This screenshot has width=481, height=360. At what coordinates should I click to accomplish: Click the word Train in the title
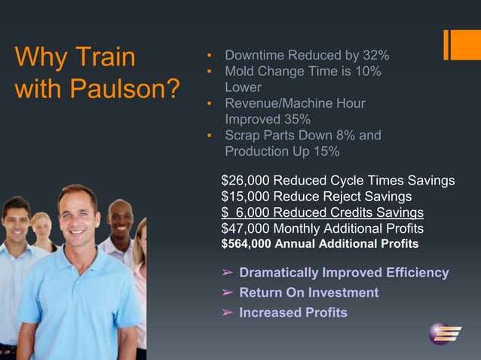[x=106, y=57]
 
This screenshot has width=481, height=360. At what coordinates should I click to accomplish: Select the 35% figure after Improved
[x=296, y=119]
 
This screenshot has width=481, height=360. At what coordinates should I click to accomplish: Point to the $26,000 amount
[x=245, y=181]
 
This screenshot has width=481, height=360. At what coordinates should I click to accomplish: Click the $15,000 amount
[x=245, y=197]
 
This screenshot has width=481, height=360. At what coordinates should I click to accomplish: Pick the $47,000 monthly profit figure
[x=245, y=228]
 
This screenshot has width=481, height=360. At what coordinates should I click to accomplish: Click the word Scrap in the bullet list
[x=242, y=136]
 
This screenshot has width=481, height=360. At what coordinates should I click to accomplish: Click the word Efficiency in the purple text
[x=414, y=273]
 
